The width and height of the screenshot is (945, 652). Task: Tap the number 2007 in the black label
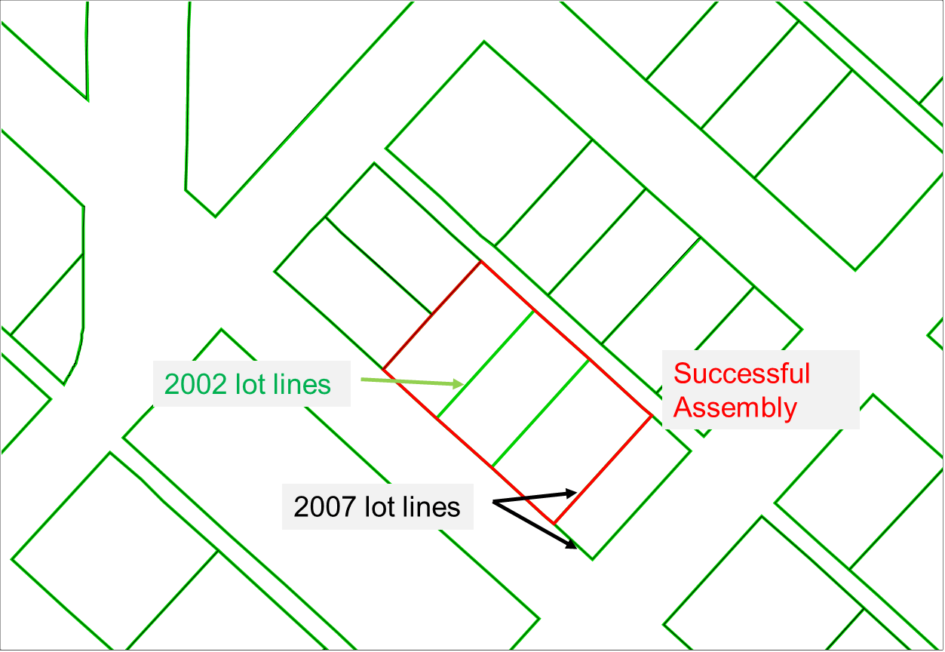click(x=324, y=507)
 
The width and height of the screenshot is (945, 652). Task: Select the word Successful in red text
click(x=741, y=374)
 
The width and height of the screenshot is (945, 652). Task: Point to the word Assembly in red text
click(x=735, y=407)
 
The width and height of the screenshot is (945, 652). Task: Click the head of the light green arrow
click(x=460, y=384)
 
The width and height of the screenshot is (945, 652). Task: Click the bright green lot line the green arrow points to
click(x=485, y=364)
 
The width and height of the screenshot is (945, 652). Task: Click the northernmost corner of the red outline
click(x=480, y=262)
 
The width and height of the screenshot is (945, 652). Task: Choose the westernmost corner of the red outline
click(x=383, y=370)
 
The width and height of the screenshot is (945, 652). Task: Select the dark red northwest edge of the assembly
click(x=431, y=315)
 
